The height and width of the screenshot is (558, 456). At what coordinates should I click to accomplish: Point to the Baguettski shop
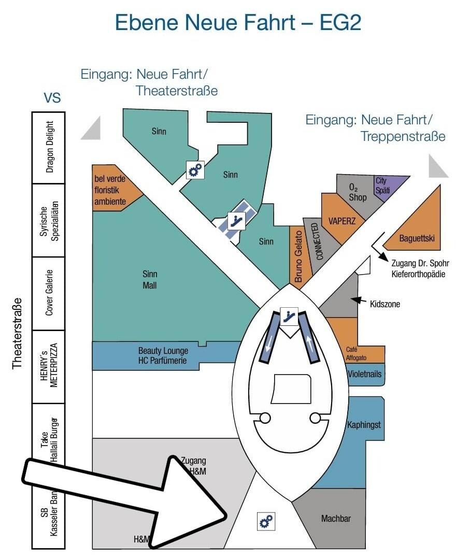416,238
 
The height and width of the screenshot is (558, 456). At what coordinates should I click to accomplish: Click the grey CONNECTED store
318,241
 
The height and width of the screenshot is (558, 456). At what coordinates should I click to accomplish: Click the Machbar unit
335,518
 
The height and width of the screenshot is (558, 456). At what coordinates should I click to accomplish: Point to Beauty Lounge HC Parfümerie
163,355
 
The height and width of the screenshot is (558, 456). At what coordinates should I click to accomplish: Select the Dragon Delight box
49,147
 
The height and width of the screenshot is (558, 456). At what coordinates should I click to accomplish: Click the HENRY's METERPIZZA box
49,366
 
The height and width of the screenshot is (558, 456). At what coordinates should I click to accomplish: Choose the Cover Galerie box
49,293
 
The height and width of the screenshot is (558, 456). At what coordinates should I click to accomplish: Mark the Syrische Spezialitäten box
49,220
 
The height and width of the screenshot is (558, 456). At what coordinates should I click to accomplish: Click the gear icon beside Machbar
266,521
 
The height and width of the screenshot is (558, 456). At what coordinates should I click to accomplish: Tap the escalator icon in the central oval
288,315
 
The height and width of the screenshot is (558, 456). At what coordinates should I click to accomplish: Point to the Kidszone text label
385,304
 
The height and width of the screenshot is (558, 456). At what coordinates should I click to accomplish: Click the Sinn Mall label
150,280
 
